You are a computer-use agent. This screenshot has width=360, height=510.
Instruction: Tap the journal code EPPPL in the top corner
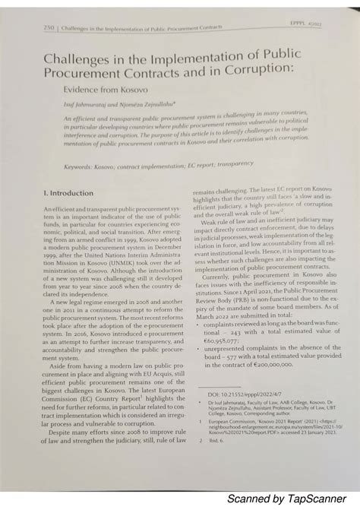pyautogui.click(x=314, y=21)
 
